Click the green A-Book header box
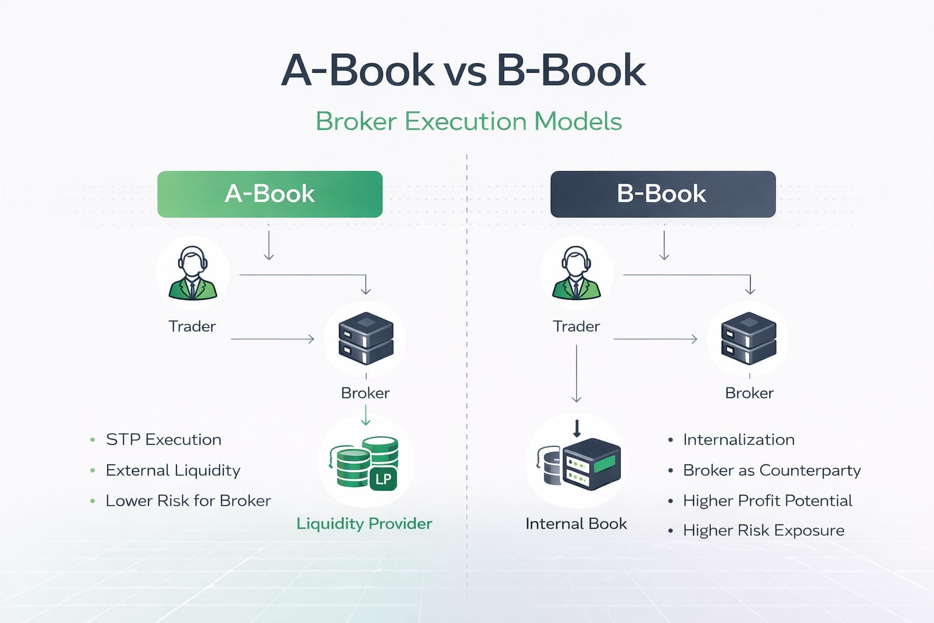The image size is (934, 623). click(x=269, y=194)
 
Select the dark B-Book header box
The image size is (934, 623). click(x=662, y=194)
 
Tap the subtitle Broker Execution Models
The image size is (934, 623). click(x=468, y=121)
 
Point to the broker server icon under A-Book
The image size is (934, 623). click(x=365, y=338)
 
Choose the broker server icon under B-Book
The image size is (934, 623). click(x=749, y=338)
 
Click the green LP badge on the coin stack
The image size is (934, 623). click(x=384, y=478)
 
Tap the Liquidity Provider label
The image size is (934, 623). click(x=364, y=523)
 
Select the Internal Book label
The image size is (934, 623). click(x=576, y=523)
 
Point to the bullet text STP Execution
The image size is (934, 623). click(x=163, y=439)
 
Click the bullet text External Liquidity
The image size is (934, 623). click(x=173, y=470)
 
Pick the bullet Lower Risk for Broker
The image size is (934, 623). click(x=188, y=500)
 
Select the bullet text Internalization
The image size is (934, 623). click(x=738, y=439)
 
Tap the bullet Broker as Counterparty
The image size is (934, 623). click(x=772, y=470)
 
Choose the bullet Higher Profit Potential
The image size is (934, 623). click(x=767, y=500)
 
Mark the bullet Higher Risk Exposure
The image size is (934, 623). click(x=763, y=530)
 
